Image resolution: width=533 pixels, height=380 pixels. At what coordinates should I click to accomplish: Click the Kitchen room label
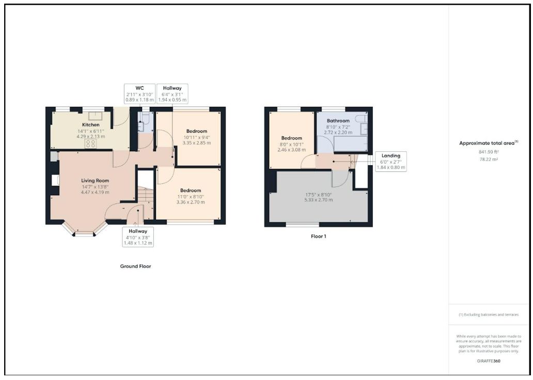91,125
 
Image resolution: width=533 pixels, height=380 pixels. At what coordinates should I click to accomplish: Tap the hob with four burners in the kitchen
91,144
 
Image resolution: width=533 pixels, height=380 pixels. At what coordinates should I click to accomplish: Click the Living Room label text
95,181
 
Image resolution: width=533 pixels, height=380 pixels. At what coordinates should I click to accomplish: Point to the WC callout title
140,88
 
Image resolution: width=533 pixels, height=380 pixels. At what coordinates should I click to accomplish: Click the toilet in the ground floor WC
145,117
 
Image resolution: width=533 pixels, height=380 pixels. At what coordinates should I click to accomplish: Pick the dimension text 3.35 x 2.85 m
196,142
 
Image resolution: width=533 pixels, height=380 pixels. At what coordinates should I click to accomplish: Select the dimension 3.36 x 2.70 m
191,202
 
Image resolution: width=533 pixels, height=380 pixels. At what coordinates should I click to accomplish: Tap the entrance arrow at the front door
135,224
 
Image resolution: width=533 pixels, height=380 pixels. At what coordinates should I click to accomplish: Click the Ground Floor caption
135,266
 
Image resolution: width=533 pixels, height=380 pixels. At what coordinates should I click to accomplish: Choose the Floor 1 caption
319,236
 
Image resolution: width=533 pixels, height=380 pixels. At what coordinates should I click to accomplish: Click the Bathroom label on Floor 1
338,121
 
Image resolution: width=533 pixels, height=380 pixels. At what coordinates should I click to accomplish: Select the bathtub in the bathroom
351,144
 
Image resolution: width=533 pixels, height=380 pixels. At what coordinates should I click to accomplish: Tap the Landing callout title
390,156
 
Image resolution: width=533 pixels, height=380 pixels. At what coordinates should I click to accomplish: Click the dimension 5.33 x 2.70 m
319,200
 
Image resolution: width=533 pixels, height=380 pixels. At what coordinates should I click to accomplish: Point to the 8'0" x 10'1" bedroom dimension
292,144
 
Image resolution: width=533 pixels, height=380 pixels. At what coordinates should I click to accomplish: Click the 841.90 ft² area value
489,152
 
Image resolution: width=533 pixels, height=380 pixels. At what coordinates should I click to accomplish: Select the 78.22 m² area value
489,159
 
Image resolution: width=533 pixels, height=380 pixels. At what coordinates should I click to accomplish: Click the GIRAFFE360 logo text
489,361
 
